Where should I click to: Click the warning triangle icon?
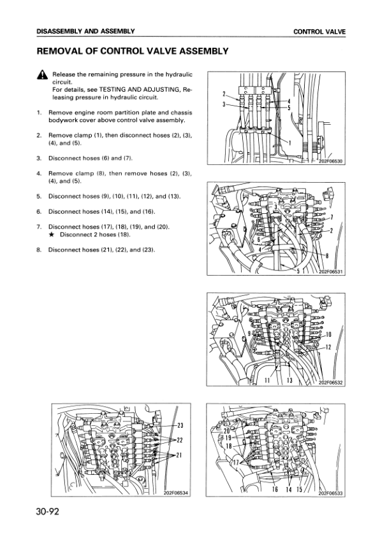pos(42,74)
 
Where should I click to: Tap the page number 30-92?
pos(48,511)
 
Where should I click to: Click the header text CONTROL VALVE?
pos(319,32)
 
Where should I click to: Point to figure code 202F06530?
pos(331,161)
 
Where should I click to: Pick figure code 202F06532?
pos(331,383)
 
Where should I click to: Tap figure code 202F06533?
pos(330,493)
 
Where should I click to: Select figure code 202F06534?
pos(176,493)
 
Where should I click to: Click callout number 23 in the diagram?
pos(180,425)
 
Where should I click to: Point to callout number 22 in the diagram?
pos(180,441)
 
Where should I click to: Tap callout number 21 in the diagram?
pos(179,455)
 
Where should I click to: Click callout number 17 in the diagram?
pos(235,463)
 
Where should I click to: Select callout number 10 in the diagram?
pos(328,334)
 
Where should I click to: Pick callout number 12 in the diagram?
pos(328,348)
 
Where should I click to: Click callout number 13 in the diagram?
pos(289,380)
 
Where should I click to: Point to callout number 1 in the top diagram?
pos(290,143)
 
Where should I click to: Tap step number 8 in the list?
pos(39,250)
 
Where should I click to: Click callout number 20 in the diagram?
pos(227,432)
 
